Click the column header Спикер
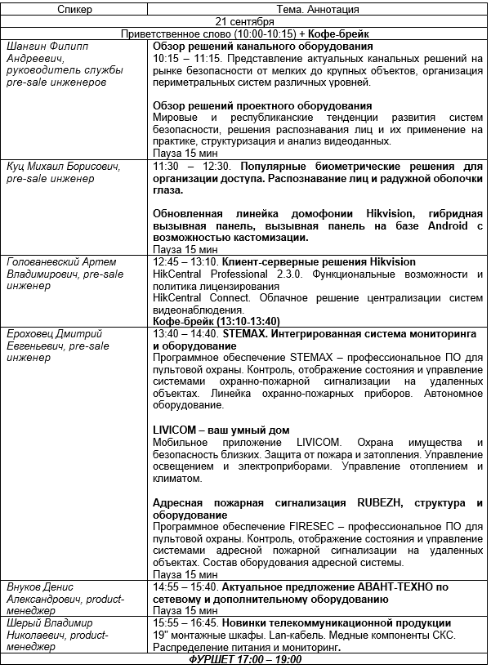point(75,9)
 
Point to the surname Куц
point(17,166)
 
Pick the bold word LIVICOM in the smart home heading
point(179,430)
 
